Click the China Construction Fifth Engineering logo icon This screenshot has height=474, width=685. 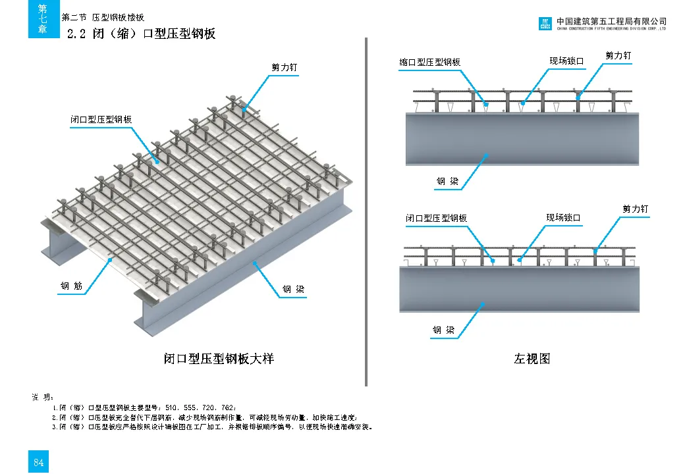(545, 24)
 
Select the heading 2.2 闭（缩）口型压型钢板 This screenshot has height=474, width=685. (142, 34)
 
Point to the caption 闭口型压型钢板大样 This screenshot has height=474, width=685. (219, 359)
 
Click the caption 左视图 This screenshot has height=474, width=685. (532, 359)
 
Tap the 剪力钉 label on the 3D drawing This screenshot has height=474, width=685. (284, 67)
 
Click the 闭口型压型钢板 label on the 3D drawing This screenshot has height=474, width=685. (101, 120)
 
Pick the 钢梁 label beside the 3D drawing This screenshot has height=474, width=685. (293, 289)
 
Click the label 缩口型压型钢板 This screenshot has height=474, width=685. (429, 62)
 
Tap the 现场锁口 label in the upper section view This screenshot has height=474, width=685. (566, 61)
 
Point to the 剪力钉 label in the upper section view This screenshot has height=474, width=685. (618, 56)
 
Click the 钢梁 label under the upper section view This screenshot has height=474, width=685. (447, 181)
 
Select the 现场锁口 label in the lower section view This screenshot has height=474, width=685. (563, 218)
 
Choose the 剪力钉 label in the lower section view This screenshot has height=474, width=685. (636, 209)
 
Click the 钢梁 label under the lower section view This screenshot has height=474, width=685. (443, 330)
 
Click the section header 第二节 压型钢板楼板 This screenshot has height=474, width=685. (103, 18)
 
